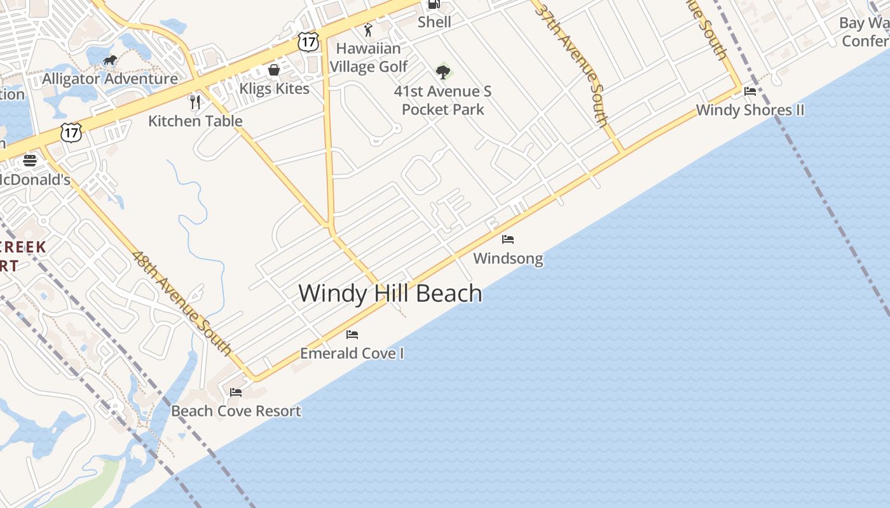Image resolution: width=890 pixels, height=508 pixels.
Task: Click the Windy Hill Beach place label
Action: (x=390, y=293)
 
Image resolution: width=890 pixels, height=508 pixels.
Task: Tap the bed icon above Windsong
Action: (x=508, y=239)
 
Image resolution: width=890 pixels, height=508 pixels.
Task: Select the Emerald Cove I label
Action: (x=352, y=353)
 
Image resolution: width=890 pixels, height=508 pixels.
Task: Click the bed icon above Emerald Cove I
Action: (x=352, y=335)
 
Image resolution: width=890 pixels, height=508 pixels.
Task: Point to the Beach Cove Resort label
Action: (x=236, y=411)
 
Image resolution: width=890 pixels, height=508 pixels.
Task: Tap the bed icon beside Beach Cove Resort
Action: (x=236, y=392)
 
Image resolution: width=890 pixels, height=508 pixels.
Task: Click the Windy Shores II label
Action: (x=750, y=110)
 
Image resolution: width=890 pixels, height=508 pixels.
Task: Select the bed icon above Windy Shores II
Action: (x=750, y=91)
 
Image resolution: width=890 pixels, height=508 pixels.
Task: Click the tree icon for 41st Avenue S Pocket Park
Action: (x=443, y=72)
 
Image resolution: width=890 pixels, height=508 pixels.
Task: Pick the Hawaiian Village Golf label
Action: (x=369, y=57)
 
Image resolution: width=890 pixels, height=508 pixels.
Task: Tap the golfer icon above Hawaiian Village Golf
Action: (x=368, y=30)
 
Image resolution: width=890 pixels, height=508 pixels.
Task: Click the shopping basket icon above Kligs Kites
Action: (x=274, y=70)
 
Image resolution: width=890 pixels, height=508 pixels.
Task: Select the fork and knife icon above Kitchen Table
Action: (x=196, y=102)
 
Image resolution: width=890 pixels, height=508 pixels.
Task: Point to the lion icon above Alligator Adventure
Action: (x=110, y=60)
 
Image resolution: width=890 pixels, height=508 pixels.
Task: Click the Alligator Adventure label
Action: (x=110, y=79)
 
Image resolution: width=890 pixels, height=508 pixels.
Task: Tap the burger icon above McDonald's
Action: (x=30, y=160)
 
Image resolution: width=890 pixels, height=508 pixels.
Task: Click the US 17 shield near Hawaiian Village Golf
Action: (x=308, y=42)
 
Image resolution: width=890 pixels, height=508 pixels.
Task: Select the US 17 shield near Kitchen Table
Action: (x=71, y=133)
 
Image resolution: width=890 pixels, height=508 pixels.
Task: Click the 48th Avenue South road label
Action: (x=182, y=303)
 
